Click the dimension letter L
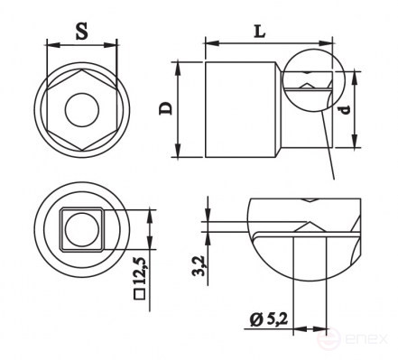(x=261, y=30)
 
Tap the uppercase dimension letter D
(x=165, y=108)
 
